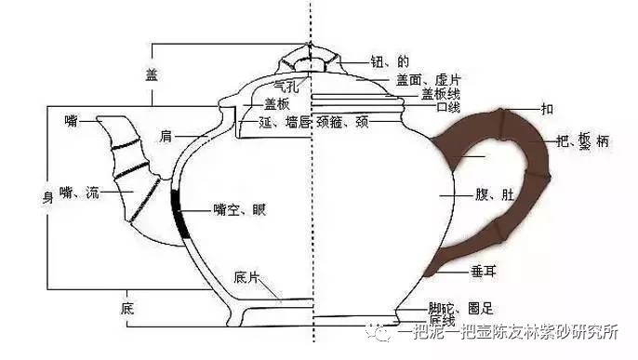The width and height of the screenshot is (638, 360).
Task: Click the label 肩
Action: (166, 137)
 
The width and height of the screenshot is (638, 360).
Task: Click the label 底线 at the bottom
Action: (441, 321)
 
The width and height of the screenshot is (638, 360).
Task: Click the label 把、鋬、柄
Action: (583, 140)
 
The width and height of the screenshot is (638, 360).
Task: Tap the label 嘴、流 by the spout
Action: (78, 193)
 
